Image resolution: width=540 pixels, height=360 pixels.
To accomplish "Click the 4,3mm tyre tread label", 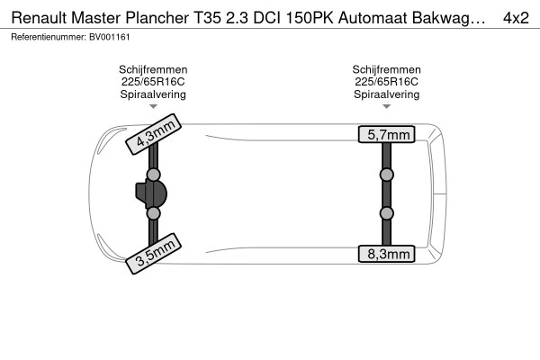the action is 153,134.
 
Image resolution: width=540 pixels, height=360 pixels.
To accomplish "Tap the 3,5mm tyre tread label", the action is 153,254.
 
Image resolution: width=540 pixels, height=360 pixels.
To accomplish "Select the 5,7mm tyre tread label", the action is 387,134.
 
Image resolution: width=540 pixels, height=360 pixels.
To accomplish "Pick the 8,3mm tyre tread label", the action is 387,254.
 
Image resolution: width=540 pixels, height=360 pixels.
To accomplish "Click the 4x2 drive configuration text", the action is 516,18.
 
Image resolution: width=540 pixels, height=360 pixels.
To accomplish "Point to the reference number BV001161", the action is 110,37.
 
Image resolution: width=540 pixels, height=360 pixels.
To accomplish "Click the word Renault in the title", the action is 39,18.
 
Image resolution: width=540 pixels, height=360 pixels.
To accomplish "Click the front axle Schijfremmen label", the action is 153,69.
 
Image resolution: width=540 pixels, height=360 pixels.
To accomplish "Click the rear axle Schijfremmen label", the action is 386,69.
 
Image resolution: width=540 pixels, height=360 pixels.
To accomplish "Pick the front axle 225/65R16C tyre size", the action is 153,82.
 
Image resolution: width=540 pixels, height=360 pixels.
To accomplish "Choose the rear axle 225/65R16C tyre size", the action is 386,82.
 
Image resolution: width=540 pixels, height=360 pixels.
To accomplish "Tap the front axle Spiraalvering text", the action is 153,94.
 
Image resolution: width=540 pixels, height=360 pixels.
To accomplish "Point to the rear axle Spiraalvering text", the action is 386,94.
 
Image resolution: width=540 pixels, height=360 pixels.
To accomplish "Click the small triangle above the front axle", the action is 153,106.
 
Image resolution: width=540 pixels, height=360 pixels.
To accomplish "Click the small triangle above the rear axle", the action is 387,106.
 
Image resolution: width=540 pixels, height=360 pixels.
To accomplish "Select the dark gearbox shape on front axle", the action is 151,194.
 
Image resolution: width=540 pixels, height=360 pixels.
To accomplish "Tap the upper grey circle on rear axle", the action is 387,175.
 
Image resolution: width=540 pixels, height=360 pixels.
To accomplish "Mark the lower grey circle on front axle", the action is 153,213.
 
